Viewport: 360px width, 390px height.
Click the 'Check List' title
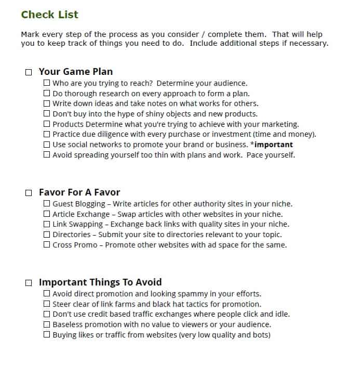(x=50, y=15)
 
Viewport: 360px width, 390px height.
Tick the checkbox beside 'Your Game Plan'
(x=29, y=72)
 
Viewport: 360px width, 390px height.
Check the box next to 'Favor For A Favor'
(x=29, y=193)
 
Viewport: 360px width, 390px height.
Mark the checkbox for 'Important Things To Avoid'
(x=29, y=283)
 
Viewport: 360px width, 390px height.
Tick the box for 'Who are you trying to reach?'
(x=47, y=83)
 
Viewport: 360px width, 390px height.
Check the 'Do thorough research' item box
(x=47, y=93)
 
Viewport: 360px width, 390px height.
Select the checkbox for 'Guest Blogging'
(x=47, y=204)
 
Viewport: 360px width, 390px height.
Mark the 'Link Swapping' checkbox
(x=47, y=224)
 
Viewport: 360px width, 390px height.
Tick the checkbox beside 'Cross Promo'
(x=47, y=244)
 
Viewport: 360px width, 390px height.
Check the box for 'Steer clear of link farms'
(x=47, y=304)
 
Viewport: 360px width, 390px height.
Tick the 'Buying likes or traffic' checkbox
(x=47, y=334)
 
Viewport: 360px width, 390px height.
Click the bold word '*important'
(x=271, y=145)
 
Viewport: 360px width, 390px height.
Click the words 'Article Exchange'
(x=81, y=214)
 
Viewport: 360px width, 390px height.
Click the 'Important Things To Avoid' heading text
(x=100, y=282)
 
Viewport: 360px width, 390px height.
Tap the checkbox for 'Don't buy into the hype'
(x=47, y=113)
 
